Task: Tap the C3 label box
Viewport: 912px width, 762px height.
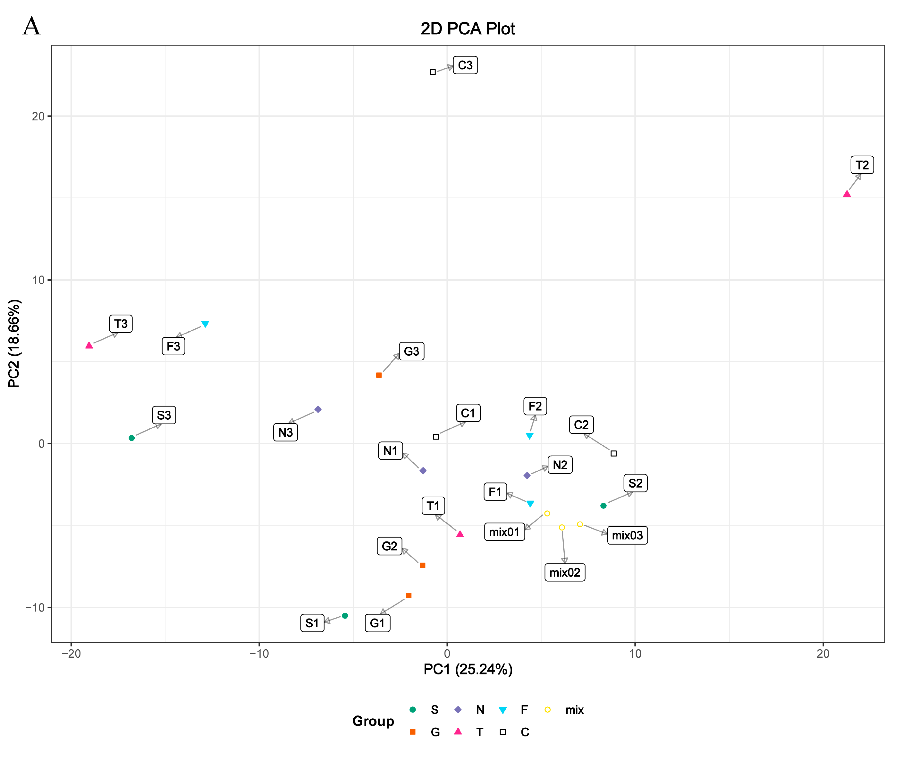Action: point(465,65)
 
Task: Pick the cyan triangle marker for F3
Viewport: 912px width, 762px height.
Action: point(205,324)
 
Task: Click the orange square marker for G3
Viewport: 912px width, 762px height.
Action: point(379,375)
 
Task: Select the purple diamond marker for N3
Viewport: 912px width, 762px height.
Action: point(318,410)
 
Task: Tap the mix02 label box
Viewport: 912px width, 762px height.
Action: point(565,572)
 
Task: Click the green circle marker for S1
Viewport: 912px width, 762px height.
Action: point(345,616)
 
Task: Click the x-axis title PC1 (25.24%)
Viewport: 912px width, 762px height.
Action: point(468,669)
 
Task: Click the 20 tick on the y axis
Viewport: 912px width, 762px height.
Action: point(38,116)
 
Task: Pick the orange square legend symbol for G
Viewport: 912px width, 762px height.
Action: point(413,732)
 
